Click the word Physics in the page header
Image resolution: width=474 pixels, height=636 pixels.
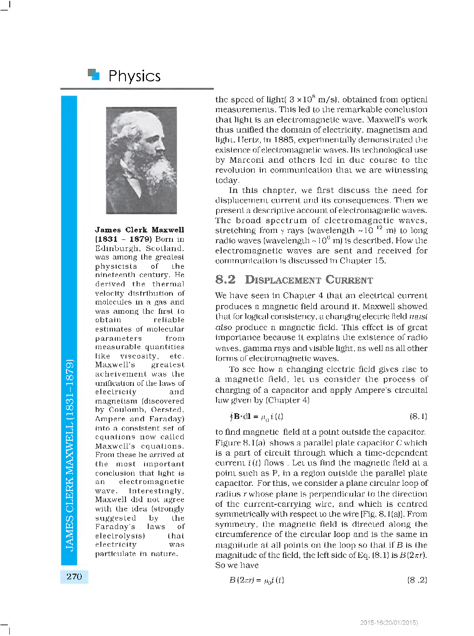pos(134,76)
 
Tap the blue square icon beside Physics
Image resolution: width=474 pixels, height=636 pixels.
pos(94,74)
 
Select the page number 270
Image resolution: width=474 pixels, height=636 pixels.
pos(74,576)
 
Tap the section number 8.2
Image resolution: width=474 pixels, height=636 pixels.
pos(225,279)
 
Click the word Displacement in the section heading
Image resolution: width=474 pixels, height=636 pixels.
pos(283,280)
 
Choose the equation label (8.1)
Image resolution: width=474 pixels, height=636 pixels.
pos(418,416)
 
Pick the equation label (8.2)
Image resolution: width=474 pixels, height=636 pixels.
pos(417,580)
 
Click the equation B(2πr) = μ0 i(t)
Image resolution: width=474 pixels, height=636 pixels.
pos(257,580)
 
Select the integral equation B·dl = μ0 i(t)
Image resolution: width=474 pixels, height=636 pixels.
pos(257,417)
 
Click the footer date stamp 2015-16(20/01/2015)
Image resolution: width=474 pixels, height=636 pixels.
pos(389,623)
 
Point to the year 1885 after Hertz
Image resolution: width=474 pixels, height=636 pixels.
pos(284,140)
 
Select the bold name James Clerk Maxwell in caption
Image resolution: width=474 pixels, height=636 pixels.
pos(139,230)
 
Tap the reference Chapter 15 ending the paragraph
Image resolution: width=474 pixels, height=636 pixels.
pos(362,261)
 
